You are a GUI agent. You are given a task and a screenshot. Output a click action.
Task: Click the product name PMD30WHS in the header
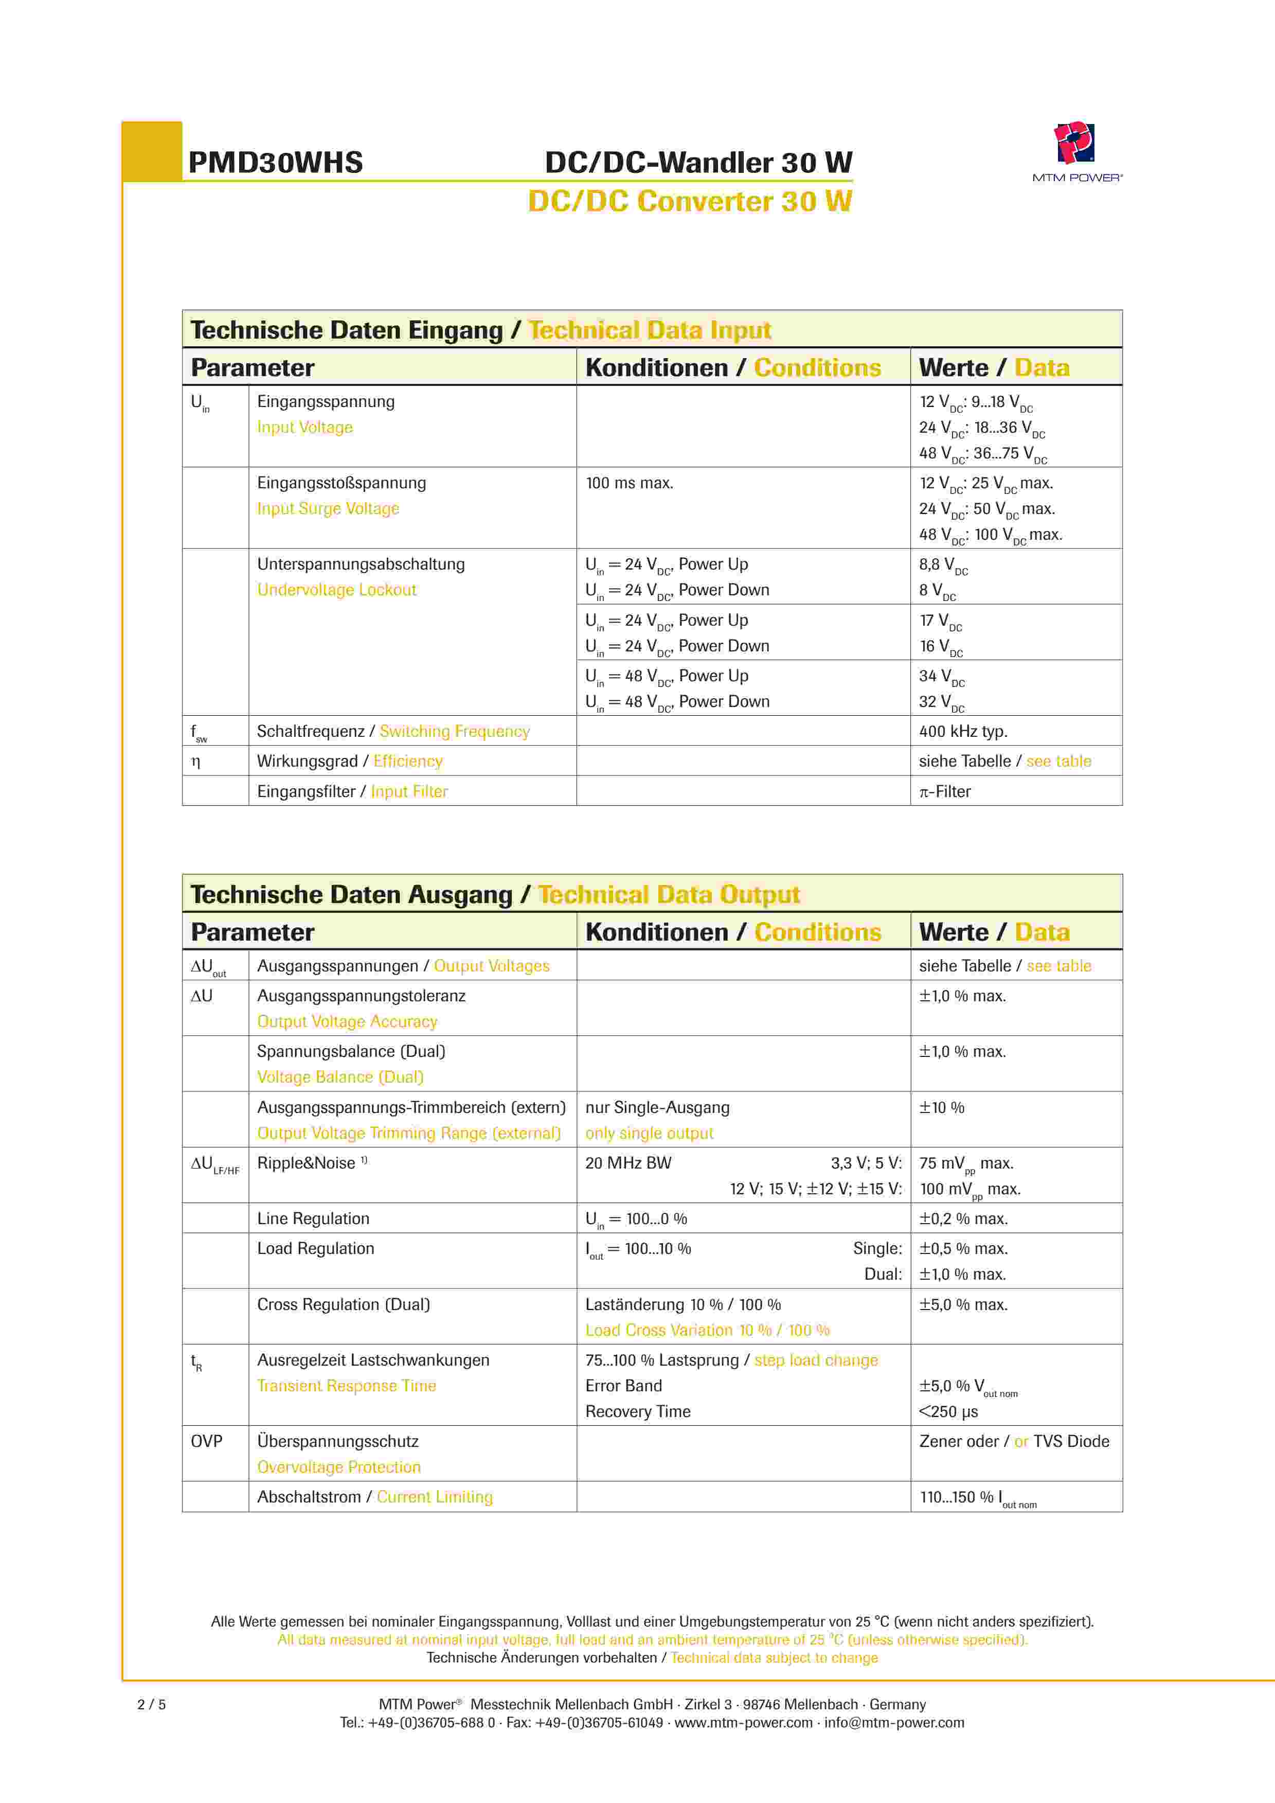pos(276,163)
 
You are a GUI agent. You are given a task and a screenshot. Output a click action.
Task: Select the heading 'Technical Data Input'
pos(650,330)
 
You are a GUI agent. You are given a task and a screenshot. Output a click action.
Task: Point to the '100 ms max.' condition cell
pos(629,483)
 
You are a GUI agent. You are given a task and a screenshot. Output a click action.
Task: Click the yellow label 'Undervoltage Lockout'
pos(337,590)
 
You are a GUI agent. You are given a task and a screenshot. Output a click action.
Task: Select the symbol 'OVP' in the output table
pos(206,1441)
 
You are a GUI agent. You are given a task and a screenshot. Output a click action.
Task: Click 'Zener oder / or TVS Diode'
pos(1014,1441)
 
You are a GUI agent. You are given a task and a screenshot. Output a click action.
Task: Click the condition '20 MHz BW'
pos(628,1163)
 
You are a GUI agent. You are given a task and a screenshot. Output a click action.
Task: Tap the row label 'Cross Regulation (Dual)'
pos(343,1304)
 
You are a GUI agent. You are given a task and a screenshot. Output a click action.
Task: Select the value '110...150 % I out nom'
pos(977,1497)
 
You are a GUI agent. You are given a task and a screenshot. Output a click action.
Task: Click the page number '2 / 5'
pos(152,1704)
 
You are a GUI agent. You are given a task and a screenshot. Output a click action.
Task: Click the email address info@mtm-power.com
pos(894,1722)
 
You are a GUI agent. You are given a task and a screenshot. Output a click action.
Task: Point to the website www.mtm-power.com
pos(744,1722)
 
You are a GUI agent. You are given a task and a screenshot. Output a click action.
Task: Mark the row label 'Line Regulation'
pos(313,1219)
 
